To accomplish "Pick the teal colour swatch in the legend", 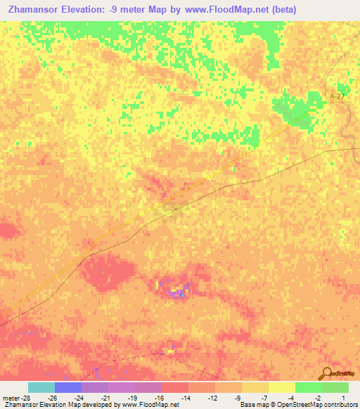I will point(41,387).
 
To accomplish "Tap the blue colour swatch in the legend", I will point(67,387).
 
